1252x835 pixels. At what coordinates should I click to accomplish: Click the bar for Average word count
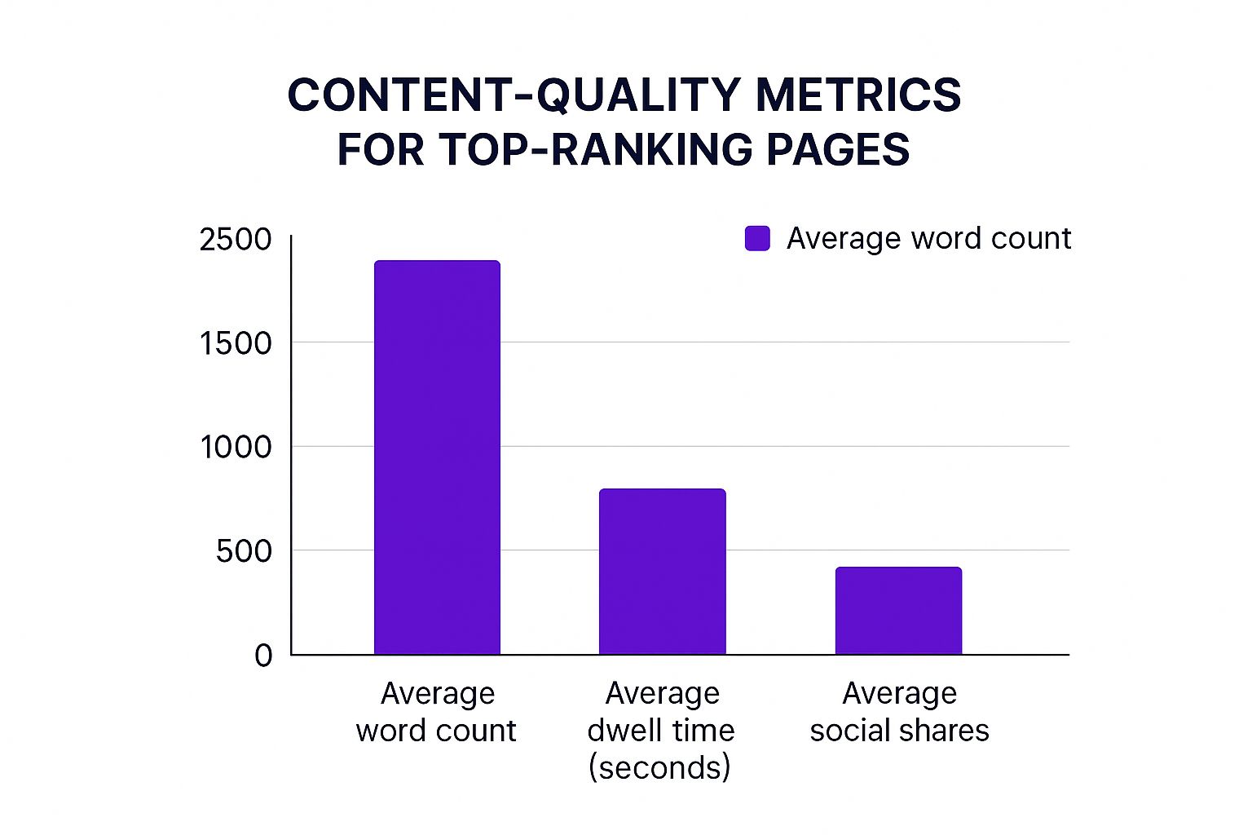click(x=437, y=457)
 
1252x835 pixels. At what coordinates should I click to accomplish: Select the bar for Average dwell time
click(x=662, y=572)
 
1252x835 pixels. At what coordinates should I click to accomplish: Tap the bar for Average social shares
click(x=898, y=611)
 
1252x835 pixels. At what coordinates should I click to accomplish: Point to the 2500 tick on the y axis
click(x=236, y=240)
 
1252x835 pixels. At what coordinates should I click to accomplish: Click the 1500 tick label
click(x=236, y=343)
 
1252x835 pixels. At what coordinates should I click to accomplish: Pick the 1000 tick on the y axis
click(x=236, y=447)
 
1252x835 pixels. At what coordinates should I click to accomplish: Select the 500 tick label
click(x=244, y=551)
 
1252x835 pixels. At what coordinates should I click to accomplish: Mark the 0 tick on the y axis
click(x=263, y=656)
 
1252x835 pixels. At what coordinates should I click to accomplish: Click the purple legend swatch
click(x=757, y=239)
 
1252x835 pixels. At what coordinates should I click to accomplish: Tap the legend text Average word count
click(x=928, y=239)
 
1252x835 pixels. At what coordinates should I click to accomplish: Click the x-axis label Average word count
click(x=437, y=712)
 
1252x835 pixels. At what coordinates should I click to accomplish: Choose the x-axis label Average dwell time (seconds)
click(x=661, y=730)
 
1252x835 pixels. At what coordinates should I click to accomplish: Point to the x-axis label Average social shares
click(x=899, y=712)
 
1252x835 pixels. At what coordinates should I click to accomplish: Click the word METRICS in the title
click(x=858, y=95)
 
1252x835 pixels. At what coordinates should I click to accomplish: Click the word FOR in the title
click(x=380, y=150)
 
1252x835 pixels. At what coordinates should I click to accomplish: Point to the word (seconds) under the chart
click(x=659, y=767)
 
